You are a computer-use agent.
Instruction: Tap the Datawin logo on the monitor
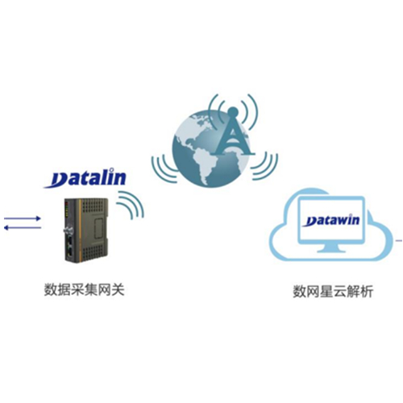click(x=332, y=220)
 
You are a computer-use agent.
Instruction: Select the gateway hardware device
click(x=87, y=229)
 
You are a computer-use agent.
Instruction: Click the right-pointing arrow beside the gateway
click(x=23, y=218)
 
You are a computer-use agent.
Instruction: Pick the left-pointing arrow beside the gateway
click(x=23, y=228)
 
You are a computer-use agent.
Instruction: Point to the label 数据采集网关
click(x=85, y=290)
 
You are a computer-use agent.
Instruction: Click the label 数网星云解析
click(x=333, y=292)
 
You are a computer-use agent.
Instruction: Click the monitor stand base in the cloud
click(x=332, y=250)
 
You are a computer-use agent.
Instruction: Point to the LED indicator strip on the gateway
click(x=66, y=210)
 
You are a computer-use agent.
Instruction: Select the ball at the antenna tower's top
click(x=233, y=110)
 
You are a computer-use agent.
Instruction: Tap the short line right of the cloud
click(x=399, y=241)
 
